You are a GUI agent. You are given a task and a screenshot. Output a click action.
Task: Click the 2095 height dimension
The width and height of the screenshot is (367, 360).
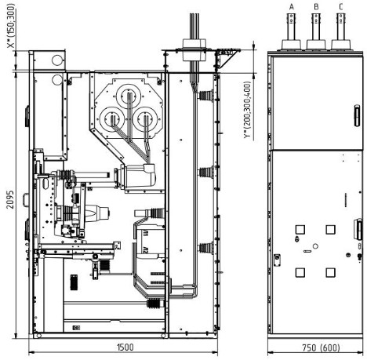pos(10,199)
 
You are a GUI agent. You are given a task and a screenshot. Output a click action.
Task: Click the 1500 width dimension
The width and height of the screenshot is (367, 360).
pos(125,347)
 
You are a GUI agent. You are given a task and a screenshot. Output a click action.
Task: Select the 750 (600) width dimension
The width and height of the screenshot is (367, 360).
pos(321,347)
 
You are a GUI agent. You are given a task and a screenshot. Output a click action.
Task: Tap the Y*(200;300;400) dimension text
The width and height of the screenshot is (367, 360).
pos(247,110)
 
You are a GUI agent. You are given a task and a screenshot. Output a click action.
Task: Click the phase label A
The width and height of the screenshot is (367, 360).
pos(292,6)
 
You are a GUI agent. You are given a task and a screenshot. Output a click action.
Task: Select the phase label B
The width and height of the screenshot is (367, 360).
pos(316,6)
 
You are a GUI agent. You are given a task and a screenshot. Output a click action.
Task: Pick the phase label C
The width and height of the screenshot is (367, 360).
pos(340,6)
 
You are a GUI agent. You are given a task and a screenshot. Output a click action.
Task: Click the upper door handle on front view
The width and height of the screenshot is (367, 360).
pos(357,115)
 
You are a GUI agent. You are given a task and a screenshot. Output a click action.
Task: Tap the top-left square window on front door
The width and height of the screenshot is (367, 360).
pos(300,230)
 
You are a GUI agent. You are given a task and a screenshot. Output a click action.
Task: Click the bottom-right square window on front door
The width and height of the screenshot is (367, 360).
pos(331,272)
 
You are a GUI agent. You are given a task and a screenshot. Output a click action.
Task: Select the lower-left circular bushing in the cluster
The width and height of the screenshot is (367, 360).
pos(112,118)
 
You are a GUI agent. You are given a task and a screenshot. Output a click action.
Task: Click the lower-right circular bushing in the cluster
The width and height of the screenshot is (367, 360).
pos(145,118)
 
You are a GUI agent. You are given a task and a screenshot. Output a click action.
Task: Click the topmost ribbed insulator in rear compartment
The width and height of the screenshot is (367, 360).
pos(206,95)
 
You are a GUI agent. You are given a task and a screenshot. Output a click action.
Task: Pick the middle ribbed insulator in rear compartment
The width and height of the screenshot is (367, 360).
pos(206,172)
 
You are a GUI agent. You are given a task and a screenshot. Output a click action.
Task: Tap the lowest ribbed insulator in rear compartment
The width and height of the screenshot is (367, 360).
pos(206,248)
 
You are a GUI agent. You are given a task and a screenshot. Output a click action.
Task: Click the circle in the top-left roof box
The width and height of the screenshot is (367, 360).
pos(57,60)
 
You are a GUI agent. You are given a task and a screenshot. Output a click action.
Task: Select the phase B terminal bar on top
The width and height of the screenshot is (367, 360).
pos(316,26)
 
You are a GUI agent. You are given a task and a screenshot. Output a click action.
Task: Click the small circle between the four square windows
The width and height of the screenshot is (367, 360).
pos(315,246)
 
